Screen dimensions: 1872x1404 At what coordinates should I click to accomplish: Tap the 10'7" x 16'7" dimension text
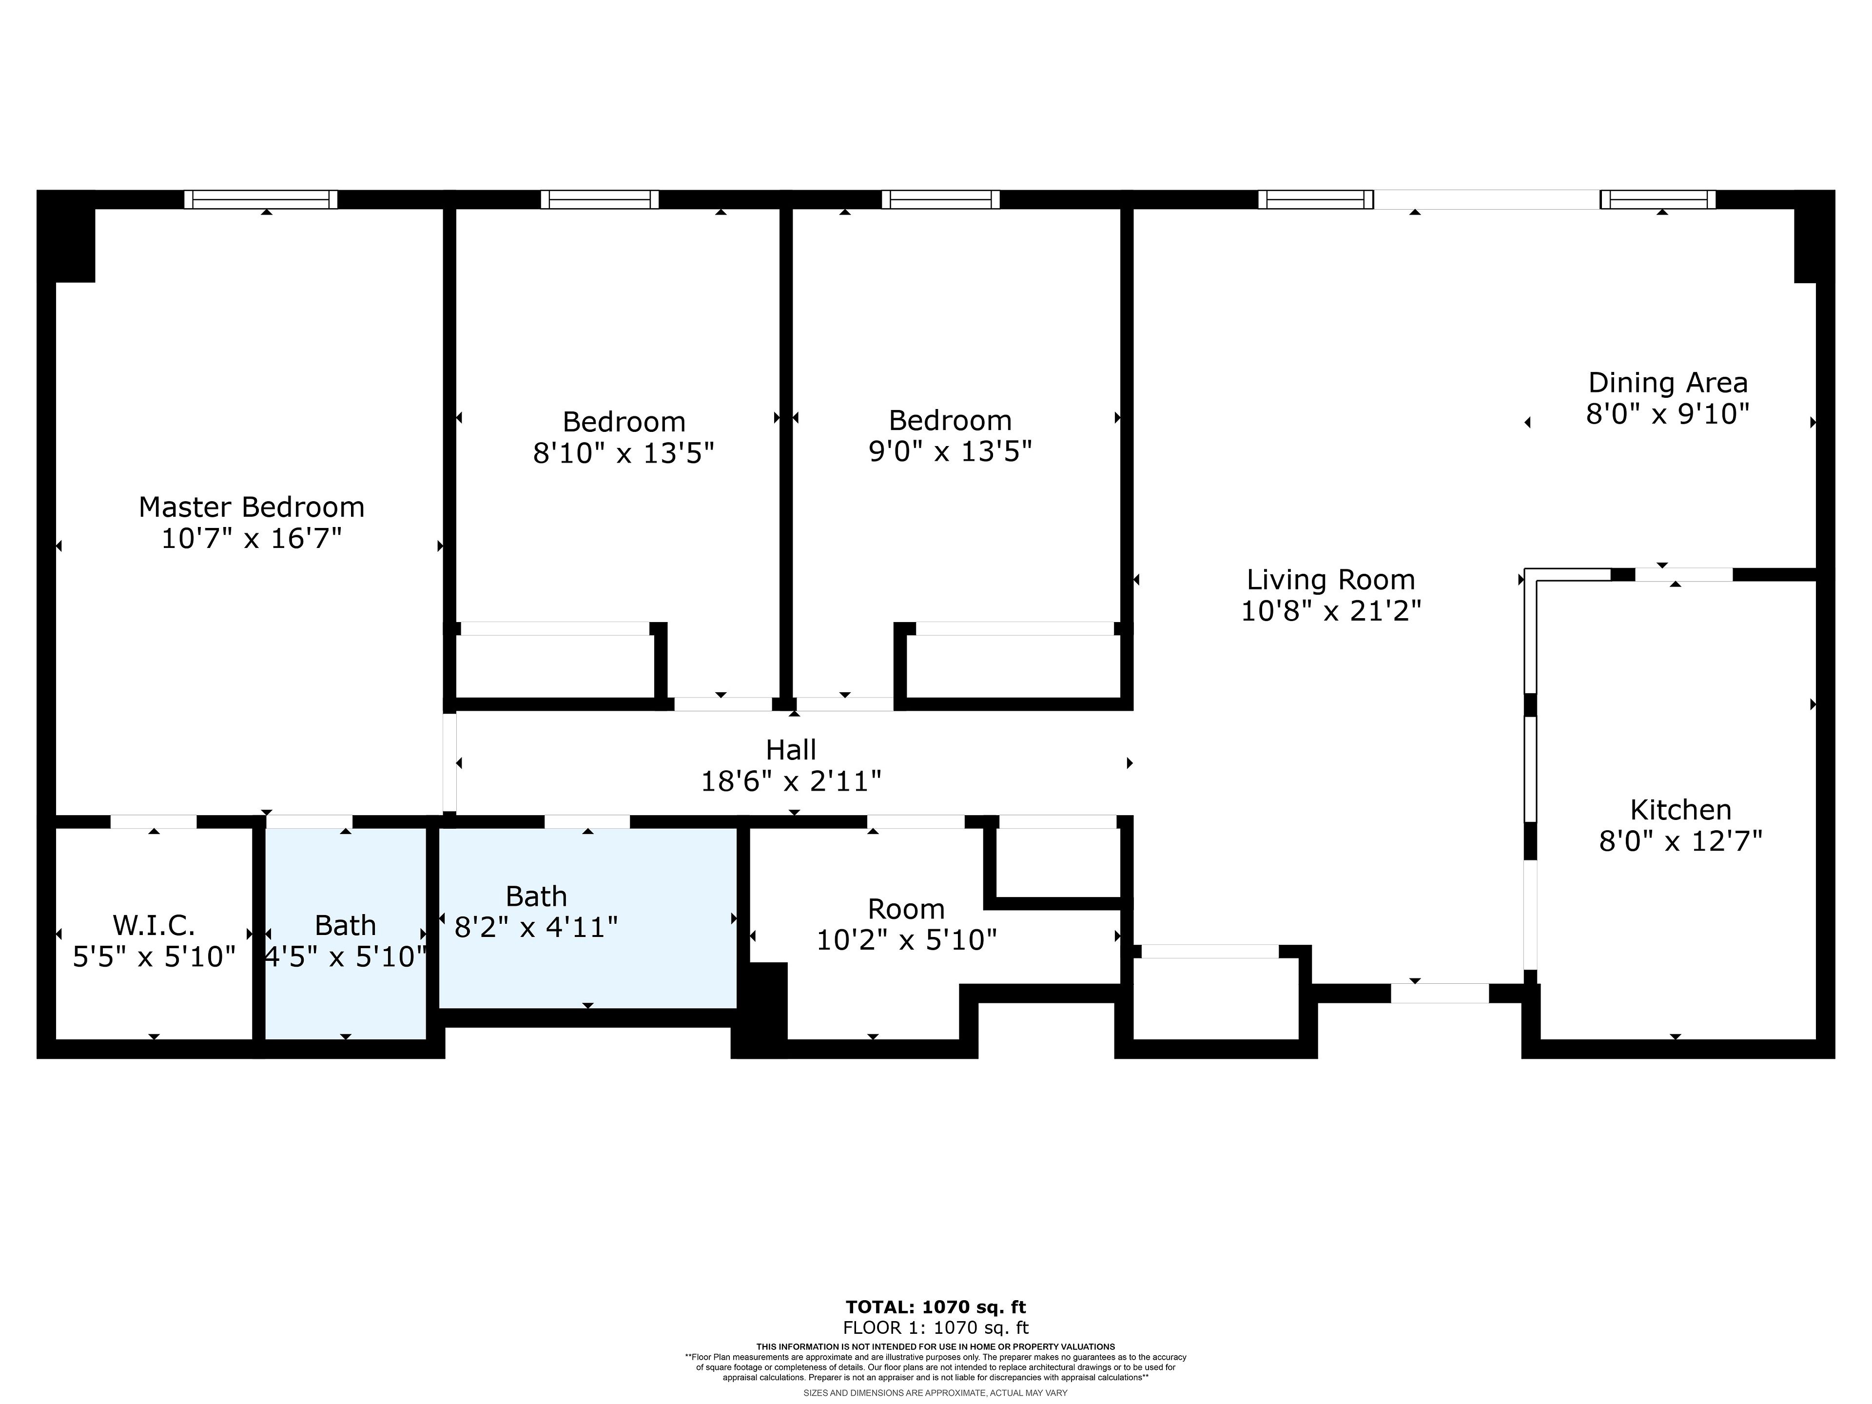[x=252, y=538]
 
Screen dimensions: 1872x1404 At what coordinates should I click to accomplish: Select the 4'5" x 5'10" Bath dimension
[x=345, y=957]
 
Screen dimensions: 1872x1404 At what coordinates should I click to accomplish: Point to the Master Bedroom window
[x=261, y=200]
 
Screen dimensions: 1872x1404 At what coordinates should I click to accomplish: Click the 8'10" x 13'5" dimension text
[x=624, y=453]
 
